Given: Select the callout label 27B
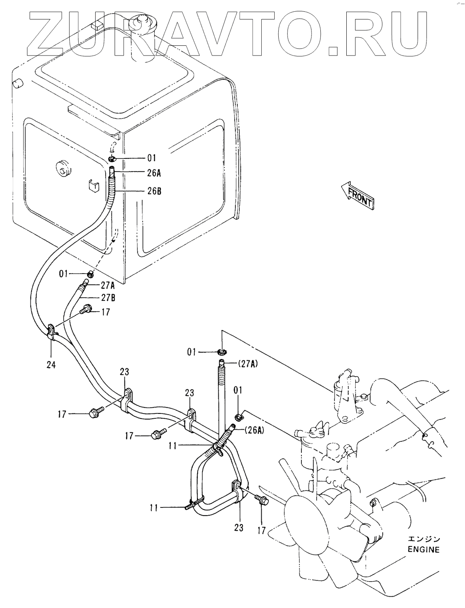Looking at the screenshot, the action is (x=107, y=298).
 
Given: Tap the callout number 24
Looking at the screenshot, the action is (x=51, y=365).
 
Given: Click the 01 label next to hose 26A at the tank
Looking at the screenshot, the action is (x=151, y=158).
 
